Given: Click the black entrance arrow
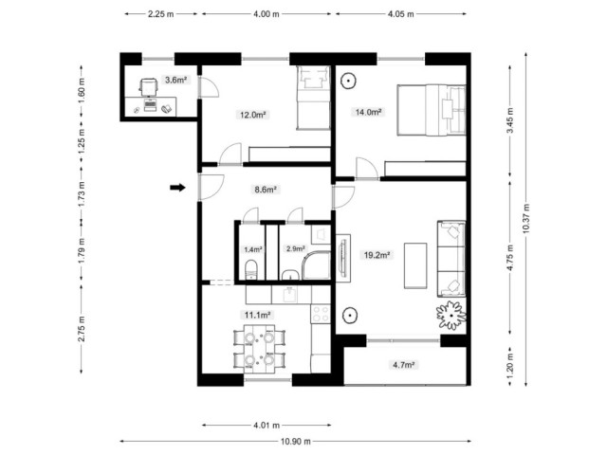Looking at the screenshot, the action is [177, 188].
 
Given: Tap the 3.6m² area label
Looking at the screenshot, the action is [175, 80].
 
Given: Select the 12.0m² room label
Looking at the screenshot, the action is [253, 115].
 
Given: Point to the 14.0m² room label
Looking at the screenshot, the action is [369, 112].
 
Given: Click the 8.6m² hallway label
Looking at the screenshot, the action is [266, 190].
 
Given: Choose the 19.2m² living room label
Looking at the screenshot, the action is [377, 255].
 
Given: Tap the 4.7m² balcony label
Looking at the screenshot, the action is [404, 364].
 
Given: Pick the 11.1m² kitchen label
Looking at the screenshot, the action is [257, 315].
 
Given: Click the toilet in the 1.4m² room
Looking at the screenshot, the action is [250, 269].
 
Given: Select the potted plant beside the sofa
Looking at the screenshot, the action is [451, 315].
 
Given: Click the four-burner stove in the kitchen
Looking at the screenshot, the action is [321, 314].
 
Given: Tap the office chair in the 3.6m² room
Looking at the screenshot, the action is [148, 86].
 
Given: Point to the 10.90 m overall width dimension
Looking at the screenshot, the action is [296, 441].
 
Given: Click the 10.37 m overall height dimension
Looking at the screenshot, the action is [525, 219].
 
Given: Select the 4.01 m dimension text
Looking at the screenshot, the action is [267, 426].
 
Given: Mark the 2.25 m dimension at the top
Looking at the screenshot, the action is [160, 14].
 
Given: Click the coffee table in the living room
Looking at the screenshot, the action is [415, 265].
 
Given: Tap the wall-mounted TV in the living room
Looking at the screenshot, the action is [342, 258].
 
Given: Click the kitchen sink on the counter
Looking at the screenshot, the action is [290, 295].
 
